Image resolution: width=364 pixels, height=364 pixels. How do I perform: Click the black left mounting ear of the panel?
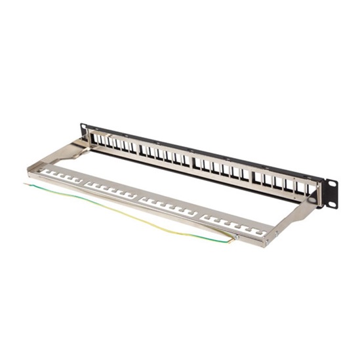click(84, 129)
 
